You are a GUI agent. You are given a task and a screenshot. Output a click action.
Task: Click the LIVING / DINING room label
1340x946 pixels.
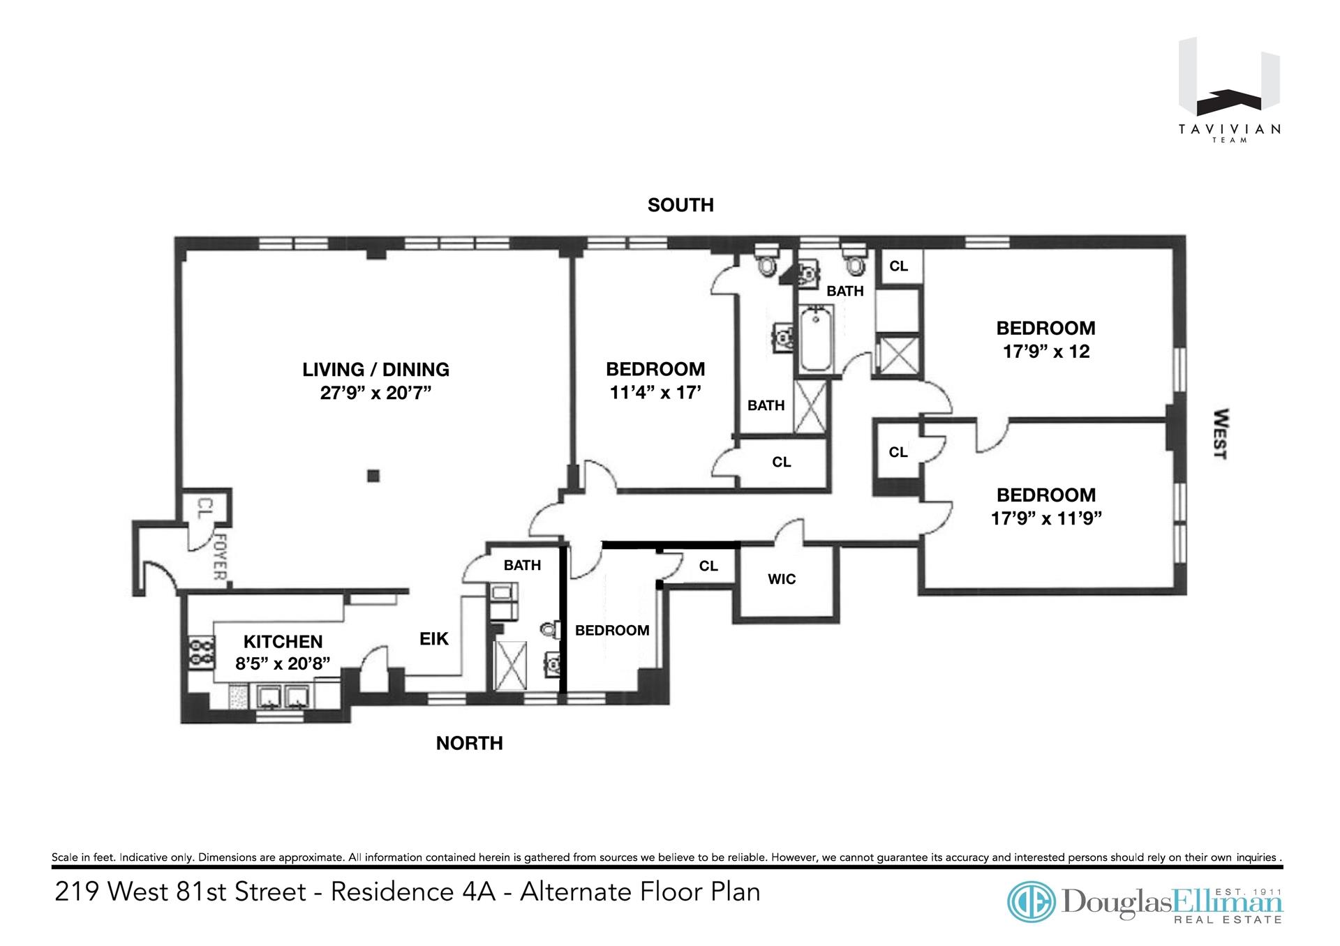tap(375, 369)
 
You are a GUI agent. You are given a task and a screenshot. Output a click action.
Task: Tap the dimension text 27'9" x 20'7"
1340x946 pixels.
tap(375, 393)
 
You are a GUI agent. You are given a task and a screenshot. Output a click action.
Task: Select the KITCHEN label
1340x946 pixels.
tap(283, 641)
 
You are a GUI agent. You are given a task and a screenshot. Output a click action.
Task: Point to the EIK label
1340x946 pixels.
tap(433, 638)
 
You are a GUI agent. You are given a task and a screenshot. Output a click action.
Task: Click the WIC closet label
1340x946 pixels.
tap(782, 579)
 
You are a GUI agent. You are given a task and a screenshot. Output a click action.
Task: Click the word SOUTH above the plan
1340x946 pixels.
tap(680, 205)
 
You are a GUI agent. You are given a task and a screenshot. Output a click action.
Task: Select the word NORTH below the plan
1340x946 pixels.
tap(469, 744)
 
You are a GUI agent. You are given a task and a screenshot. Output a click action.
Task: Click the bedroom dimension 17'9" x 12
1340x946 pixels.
tap(1045, 351)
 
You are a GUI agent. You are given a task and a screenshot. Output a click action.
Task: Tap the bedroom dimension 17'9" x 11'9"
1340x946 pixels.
tap(1045, 518)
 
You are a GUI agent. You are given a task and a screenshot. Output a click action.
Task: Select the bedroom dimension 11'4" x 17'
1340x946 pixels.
tap(655, 393)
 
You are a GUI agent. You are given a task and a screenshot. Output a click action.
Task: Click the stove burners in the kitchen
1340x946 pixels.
tap(198, 652)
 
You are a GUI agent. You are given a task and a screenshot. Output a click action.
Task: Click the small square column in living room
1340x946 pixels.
tap(373, 476)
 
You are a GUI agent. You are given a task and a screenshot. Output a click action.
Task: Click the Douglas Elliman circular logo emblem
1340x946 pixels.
tap(1032, 901)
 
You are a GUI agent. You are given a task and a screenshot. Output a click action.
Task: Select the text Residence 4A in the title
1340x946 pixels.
tap(412, 892)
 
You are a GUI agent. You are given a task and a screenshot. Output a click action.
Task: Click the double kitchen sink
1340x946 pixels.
tap(283, 696)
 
